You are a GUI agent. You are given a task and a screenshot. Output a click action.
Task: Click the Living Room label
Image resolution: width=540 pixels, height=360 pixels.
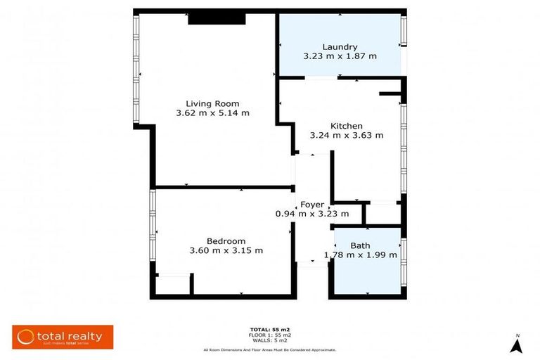[x=212, y=103]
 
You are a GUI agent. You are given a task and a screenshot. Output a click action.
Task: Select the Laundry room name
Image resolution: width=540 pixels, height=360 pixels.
[x=340, y=47]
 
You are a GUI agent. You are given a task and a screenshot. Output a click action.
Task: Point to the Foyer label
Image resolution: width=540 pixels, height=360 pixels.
[x=312, y=205]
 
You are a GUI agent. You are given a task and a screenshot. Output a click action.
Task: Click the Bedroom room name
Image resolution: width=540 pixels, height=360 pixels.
[x=226, y=241]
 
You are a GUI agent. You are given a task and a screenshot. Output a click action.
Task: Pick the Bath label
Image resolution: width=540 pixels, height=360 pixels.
[x=360, y=245]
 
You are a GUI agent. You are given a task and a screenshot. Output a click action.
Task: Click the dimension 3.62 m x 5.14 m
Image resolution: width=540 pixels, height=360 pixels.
[x=212, y=112]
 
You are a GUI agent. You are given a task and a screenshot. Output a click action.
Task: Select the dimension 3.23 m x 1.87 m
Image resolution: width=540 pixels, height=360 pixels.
[x=340, y=56]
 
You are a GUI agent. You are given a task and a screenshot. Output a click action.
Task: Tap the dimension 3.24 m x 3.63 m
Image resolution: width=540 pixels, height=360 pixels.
[x=346, y=135]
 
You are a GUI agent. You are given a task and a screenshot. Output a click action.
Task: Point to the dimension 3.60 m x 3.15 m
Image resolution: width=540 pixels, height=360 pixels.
[x=226, y=250]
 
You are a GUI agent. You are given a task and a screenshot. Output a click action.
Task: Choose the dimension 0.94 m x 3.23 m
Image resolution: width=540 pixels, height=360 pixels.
[x=312, y=214]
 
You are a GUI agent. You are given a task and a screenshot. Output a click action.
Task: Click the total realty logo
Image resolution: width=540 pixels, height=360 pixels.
[x=63, y=337]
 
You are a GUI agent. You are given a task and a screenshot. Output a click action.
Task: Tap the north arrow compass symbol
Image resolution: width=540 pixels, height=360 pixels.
[x=516, y=344]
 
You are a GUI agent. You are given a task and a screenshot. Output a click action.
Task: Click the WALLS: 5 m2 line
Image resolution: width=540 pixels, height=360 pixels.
[x=269, y=340]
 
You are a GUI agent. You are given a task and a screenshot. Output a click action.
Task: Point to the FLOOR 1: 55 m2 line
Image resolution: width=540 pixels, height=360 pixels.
[x=269, y=335]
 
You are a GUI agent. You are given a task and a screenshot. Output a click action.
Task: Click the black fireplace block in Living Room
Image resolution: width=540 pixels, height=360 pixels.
[x=216, y=19]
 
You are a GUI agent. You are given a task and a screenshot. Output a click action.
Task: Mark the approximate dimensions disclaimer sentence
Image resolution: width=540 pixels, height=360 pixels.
[x=269, y=349]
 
